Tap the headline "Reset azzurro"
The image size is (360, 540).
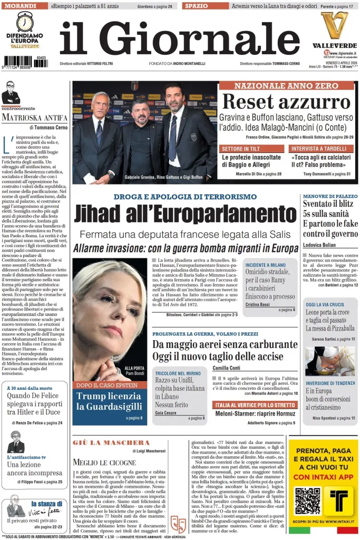pyautogui.click(x=286, y=101)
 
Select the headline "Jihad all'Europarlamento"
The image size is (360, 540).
pyautogui.click(x=185, y=214)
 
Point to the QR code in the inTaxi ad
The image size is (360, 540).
pyautogui.click(x=307, y=501)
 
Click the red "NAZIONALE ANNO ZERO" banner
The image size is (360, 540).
pyautogui.click(x=286, y=85)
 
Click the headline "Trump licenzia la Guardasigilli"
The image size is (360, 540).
pyautogui.click(x=109, y=401)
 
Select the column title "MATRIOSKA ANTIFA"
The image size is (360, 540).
pyautogui.click(x=34, y=117)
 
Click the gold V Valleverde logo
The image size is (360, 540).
pyautogui.click(x=334, y=25)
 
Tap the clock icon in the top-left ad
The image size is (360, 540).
pyautogui.click(x=25, y=22)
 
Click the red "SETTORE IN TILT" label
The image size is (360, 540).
pyautogui.click(x=252, y=149)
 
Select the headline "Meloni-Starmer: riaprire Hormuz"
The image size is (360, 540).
pyautogui.click(x=255, y=413)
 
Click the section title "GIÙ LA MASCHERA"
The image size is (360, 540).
pyautogui.click(x=112, y=442)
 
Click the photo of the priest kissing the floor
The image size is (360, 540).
pyautogui.click(x=329, y=360)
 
